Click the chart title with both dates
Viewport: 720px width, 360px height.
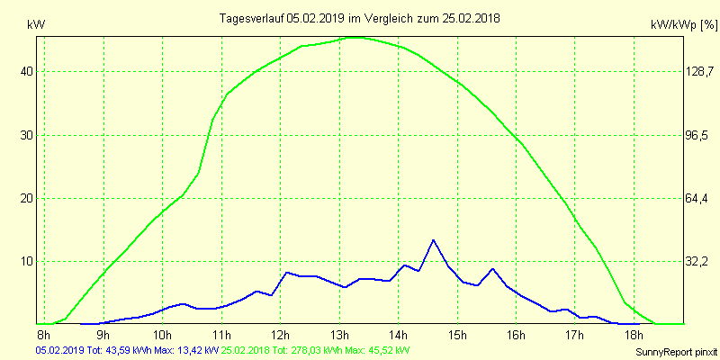(360, 18)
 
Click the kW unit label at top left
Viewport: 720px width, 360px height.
(36, 25)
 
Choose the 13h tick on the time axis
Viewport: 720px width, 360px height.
(339, 336)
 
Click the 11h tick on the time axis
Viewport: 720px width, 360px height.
(221, 336)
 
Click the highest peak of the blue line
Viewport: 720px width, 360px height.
(433, 240)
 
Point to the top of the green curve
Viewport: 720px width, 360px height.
(355, 37)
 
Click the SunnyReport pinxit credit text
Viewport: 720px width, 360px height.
(675, 351)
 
